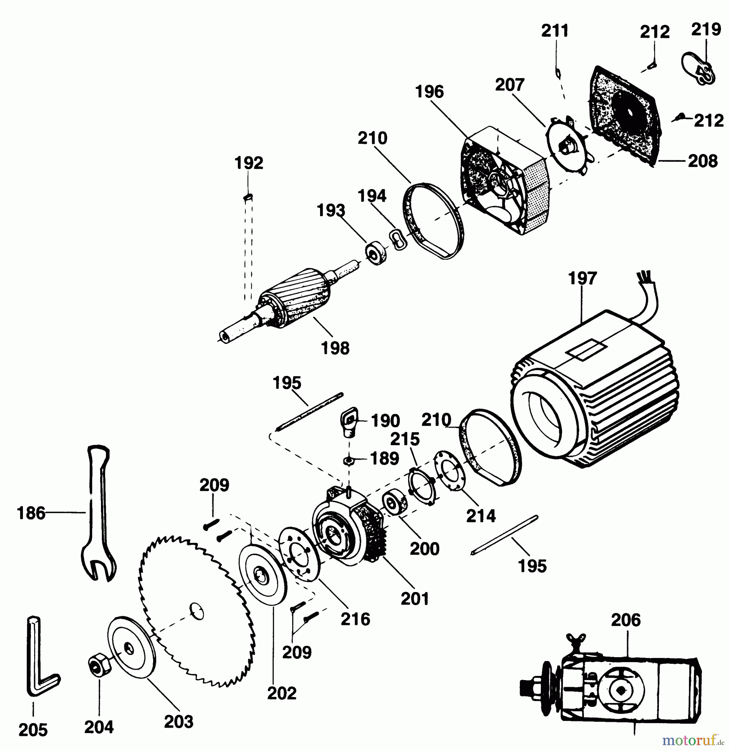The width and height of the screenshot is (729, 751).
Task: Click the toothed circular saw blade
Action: [196, 609]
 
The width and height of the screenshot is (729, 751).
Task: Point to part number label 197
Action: [583, 278]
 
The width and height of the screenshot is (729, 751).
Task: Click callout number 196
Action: [429, 92]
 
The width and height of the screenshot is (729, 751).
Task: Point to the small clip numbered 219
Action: [699, 69]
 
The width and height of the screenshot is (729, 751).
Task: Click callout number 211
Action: [555, 31]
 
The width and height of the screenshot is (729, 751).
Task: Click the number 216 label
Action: [355, 619]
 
